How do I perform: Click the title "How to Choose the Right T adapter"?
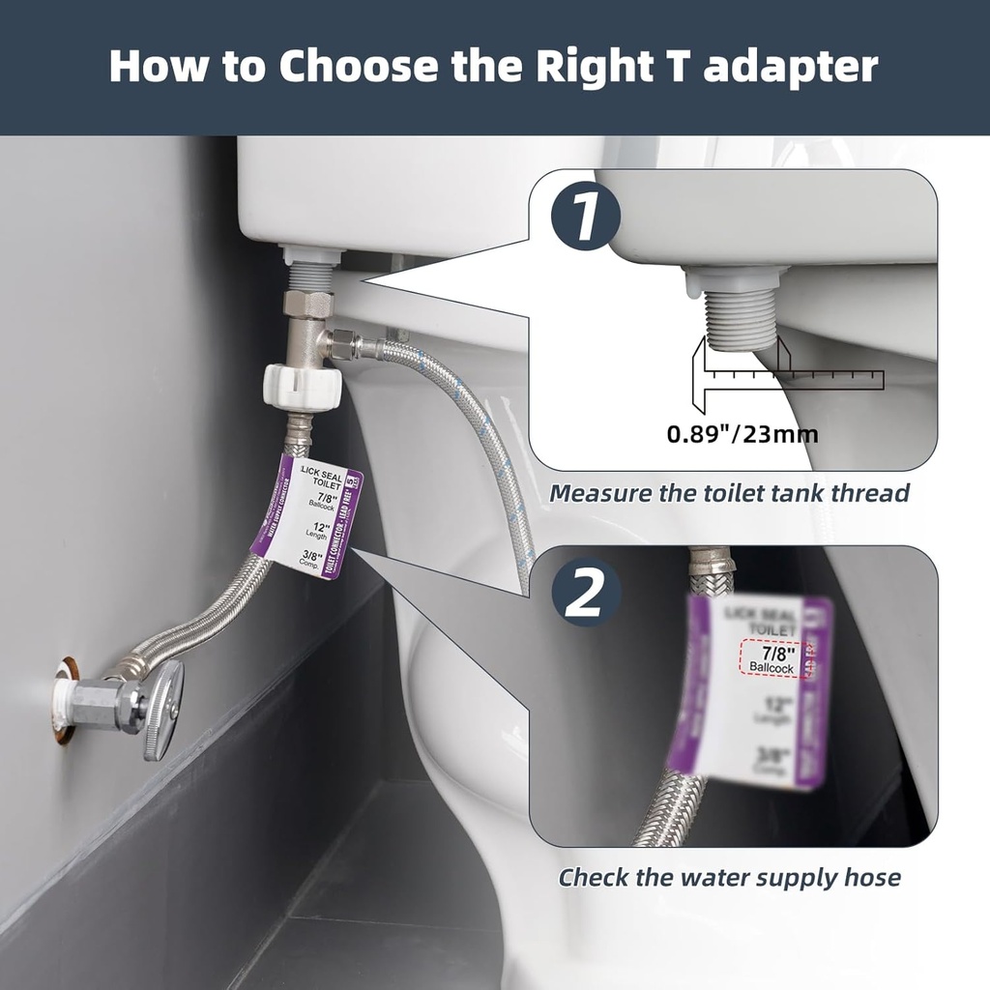click(x=494, y=66)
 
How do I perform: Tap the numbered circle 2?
click(x=585, y=593)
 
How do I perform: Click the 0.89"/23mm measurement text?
click(x=742, y=434)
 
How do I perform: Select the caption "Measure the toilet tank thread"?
click(x=729, y=493)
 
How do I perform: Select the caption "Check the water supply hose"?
click(x=729, y=878)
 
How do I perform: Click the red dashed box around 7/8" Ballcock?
click(x=772, y=657)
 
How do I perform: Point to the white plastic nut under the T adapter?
click(x=303, y=386)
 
